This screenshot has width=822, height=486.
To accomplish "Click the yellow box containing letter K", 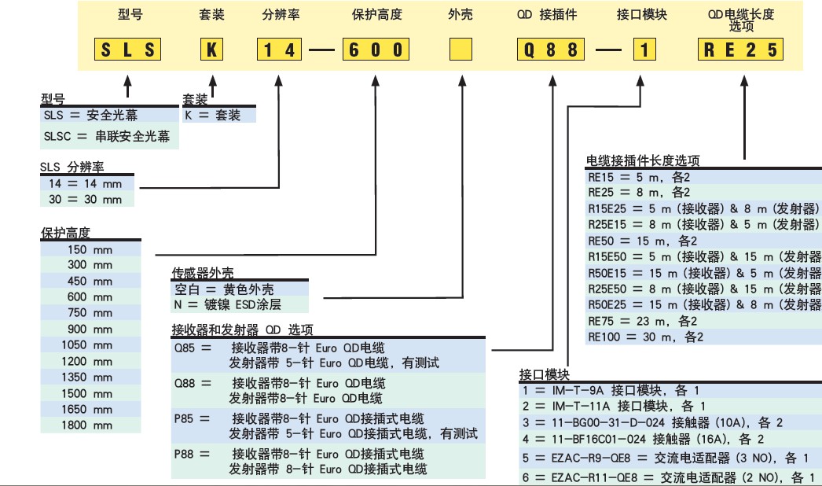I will [211, 50].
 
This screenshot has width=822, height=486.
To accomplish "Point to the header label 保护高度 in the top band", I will [376, 15].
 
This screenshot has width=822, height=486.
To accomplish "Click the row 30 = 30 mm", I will [86, 200].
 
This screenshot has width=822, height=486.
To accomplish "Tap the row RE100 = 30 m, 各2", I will [645, 337].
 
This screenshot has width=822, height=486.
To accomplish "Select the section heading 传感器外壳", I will [203, 273].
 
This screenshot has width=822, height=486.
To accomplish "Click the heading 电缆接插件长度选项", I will [643, 160].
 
